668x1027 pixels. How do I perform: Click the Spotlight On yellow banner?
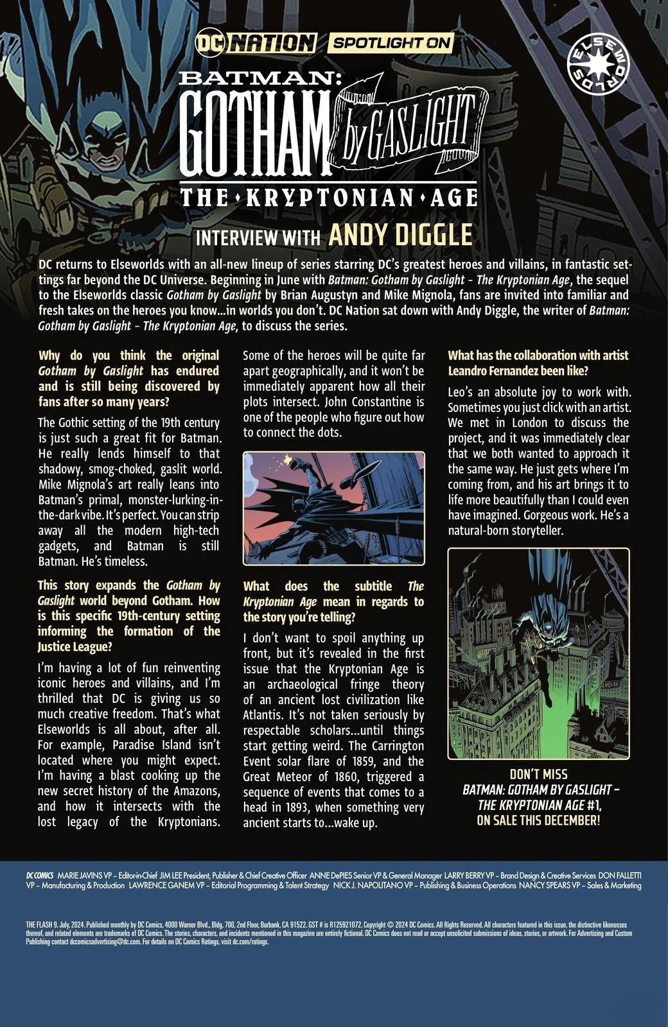click(x=391, y=44)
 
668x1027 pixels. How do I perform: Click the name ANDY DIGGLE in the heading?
click(x=400, y=235)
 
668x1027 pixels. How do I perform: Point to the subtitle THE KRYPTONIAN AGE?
click(x=333, y=197)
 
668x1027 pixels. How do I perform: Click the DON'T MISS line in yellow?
click(x=538, y=775)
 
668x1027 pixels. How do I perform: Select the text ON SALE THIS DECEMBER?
click(x=538, y=820)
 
